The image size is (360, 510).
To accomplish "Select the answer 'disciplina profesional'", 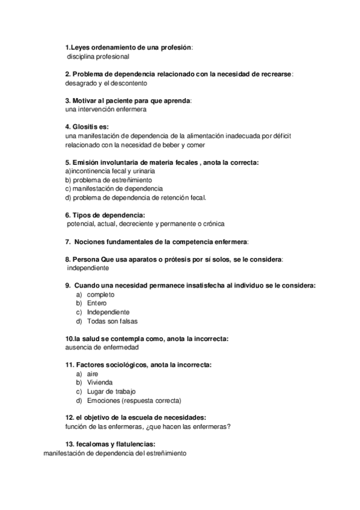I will [98, 56].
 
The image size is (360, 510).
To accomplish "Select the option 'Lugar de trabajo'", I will [111, 391].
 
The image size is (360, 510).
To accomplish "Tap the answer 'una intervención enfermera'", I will [105, 109].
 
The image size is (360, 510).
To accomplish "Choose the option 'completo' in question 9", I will [100, 295].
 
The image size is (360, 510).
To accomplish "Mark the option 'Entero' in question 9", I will [97, 304].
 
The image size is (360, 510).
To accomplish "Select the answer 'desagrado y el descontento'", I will [106, 83].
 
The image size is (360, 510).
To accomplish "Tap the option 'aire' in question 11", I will [93, 373].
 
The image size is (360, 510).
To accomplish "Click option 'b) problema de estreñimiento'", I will [108, 180].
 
